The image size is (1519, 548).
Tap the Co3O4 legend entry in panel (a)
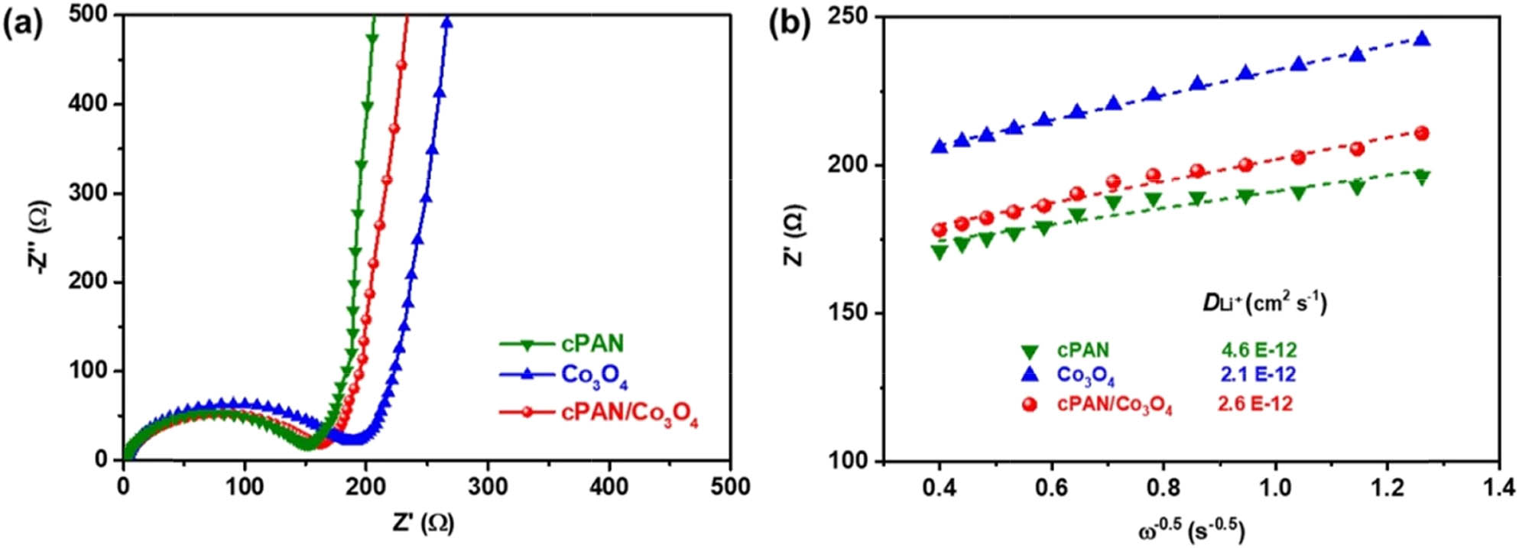point(594,376)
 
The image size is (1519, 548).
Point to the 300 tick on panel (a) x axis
point(488,486)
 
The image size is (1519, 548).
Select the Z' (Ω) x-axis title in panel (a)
point(423,523)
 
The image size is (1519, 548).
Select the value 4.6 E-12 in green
point(1258,351)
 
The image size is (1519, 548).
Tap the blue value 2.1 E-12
point(1258,375)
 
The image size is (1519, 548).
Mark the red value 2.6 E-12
point(1254,404)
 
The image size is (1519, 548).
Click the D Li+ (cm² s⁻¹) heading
point(1264,303)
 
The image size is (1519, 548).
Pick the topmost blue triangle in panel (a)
point(447,22)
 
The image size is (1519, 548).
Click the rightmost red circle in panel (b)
point(1422,133)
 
